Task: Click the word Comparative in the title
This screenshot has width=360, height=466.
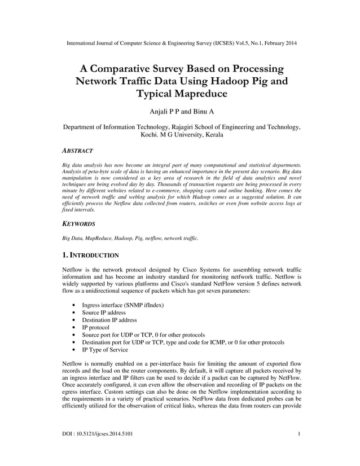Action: (131, 69)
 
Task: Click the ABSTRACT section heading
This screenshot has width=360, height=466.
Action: (77, 151)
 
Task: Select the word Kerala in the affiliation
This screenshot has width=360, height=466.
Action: (212, 135)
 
